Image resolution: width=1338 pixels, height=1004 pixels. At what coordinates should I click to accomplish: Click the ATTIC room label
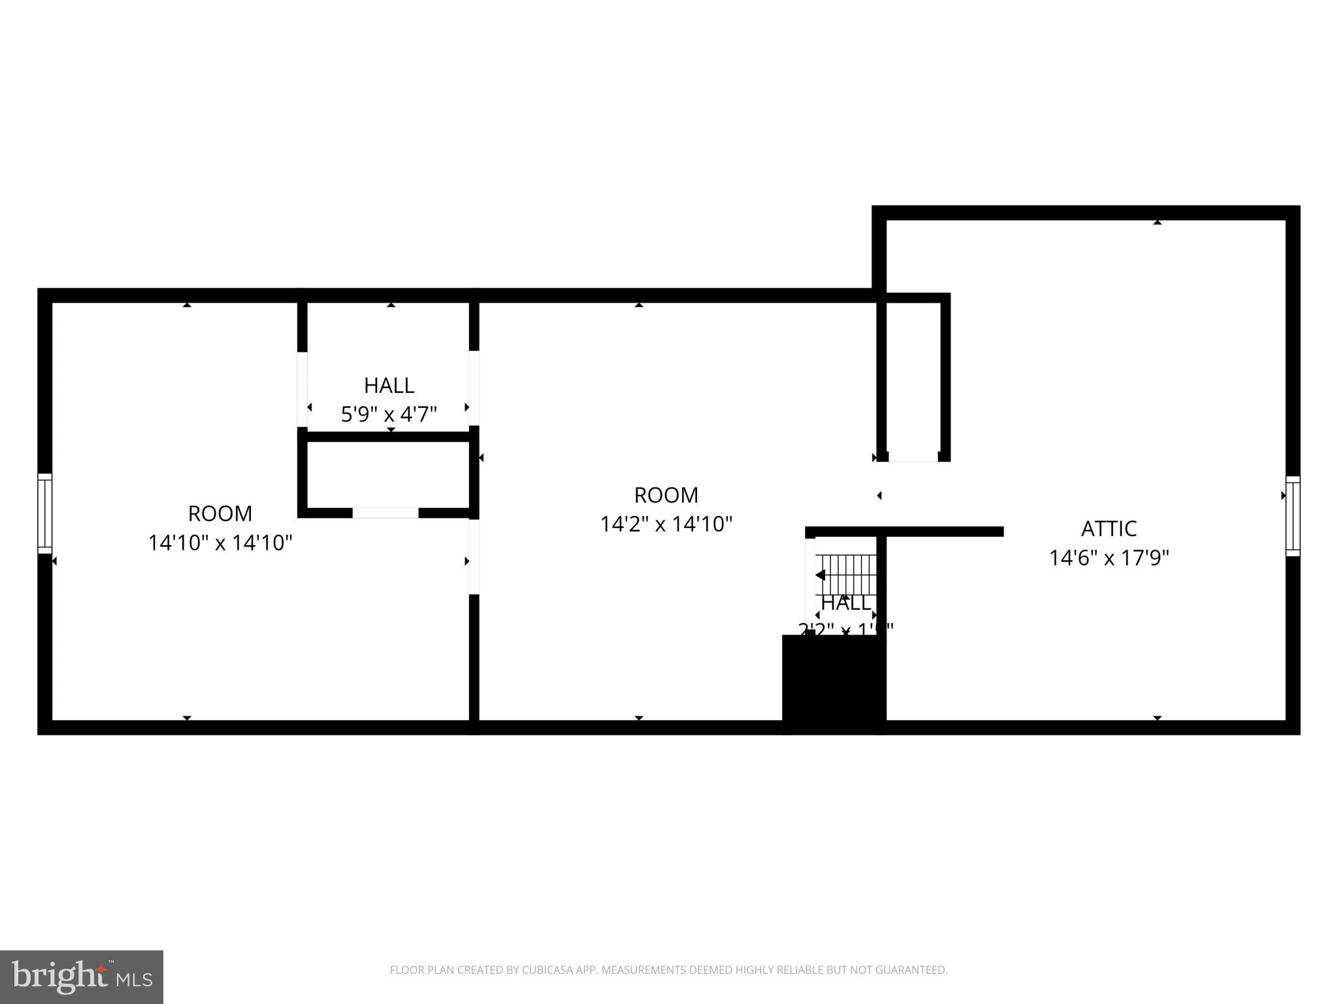(1109, 528)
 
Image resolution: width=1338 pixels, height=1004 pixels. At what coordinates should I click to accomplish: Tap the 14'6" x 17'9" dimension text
(1109, 558)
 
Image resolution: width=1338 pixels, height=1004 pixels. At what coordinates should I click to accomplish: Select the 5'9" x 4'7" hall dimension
(389, 414)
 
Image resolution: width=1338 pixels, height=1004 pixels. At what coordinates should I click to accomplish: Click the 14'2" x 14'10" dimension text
(666, 524)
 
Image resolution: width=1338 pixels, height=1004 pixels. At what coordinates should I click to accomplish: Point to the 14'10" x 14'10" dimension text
(220, 543)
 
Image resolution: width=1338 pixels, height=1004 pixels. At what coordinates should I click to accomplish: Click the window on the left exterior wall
(44, 513)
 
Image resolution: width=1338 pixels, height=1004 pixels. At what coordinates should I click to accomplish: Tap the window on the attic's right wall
(1292, 516)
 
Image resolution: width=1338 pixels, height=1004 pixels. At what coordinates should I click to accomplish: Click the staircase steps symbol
(847, 574)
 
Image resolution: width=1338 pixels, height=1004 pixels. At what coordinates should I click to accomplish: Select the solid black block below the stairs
(834, 683)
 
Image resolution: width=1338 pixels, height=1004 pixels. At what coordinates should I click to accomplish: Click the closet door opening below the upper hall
(385, 513)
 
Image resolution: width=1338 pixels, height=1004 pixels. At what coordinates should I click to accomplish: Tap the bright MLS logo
(82, 977)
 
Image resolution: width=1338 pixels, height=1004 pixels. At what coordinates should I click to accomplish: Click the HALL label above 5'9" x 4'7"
(389, 386)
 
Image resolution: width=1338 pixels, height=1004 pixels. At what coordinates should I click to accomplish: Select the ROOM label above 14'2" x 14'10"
(666, 495)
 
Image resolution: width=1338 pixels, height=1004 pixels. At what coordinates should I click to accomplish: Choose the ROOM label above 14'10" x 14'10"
(220, 513)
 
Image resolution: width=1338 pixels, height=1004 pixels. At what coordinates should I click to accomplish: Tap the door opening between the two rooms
(474, 556)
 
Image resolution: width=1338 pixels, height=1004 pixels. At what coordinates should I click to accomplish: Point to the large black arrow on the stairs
(821, 575)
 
